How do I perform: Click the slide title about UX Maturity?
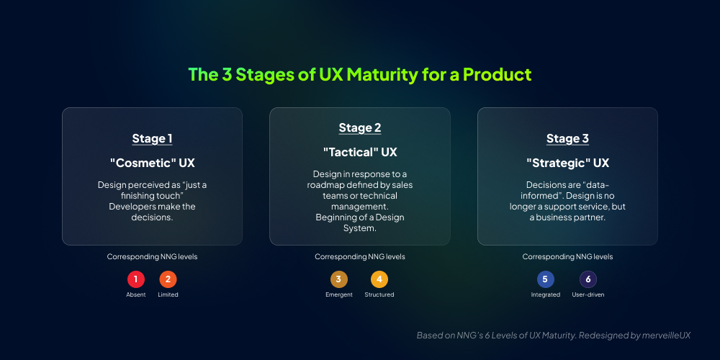tap(359, 74)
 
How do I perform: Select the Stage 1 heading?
tap(152, 139)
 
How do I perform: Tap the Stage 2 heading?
tap(360, 128)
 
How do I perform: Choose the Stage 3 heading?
tap(567, 139)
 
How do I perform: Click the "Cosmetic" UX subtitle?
tap(152, 163)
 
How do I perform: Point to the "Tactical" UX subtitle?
tap(360, 152)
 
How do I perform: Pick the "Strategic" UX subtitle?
tap(567, 163)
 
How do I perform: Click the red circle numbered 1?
tap(136, 279)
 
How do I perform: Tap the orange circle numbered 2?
tap(168, 279)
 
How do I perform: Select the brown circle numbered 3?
tap(339, 279)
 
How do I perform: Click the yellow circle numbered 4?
tap(379, 279)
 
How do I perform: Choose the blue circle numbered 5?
tap(546, 279)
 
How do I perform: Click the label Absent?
tap(136, 294)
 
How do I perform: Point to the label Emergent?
tap(339, 294)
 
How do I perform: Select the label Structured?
tap(379, 294)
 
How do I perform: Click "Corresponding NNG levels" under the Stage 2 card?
tap(360, 256)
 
